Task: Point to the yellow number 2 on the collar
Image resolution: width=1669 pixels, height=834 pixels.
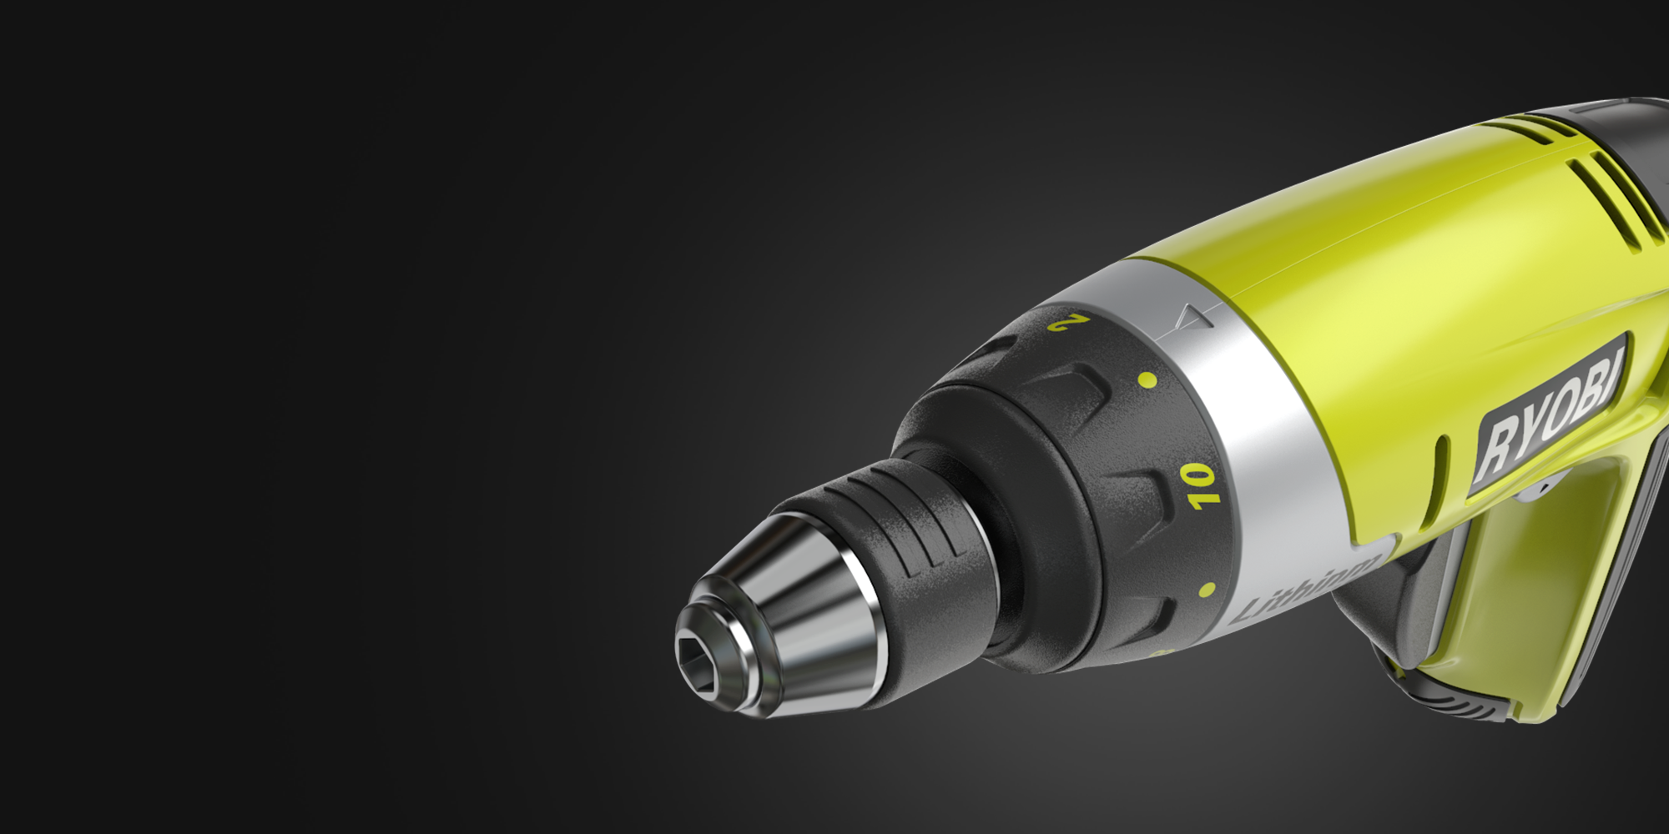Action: pyautogui.click(x=1069, y=321)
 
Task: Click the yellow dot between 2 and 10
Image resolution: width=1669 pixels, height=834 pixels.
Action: pyautogui.click(x=1147, y=380)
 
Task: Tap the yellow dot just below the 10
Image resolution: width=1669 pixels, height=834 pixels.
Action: pyautogui.click(x=1207, y=590)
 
